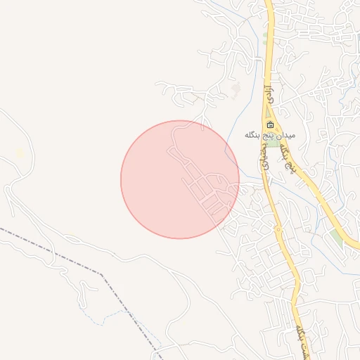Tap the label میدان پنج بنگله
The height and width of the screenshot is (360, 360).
pyautogui.click(x=271, y=134)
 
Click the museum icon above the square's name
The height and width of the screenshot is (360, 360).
pyautogui.click(x=271, y=125)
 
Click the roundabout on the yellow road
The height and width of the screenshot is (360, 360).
pyautogui.click(x=278, y=229)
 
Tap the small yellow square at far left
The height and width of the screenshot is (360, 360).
pyautogui.click(x=20, y=153)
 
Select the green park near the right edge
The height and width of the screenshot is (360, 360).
pyautogui.click(x=337, y=238)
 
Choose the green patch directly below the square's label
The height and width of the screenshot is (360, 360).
pyautogui.click(x=272, y=142)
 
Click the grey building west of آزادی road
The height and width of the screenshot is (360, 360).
pyautogui.click(x=236, y=90)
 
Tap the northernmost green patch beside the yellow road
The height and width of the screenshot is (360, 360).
pyautogui.click(x=265, y=32)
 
